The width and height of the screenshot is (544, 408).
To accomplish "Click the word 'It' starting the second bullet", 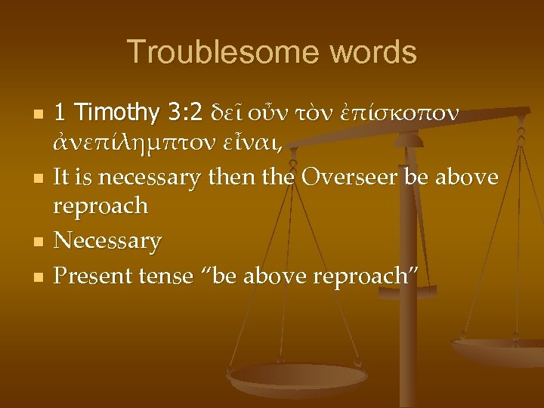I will [65, 177].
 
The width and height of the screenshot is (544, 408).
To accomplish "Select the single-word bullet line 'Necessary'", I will [108, 242].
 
